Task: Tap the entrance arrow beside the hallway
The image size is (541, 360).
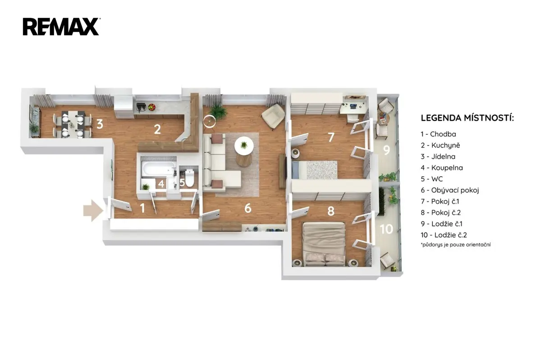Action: (93, 210)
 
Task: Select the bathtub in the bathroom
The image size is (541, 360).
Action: (158, 169)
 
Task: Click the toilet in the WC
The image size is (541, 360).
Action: (190, 178)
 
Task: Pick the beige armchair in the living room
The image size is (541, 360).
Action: (273, 116)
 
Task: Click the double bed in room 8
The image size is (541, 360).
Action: (324, 244)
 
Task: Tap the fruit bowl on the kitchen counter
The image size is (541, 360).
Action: (151, 107)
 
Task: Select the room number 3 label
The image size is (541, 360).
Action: (100, 124)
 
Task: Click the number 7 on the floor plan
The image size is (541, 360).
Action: (331, 137)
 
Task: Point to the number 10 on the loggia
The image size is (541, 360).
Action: (386, 229)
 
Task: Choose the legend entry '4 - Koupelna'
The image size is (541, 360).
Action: (442, 168)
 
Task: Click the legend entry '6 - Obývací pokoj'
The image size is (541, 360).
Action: (450, 190)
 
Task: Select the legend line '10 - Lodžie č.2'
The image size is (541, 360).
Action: (444, 235)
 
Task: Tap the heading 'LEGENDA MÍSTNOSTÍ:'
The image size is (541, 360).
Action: (468, 118)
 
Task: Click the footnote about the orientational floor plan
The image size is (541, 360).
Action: (456, 245)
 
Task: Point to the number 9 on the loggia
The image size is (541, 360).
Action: (387, 150)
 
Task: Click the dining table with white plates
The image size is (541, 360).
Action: (73, 124)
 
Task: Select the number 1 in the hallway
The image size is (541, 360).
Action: (142, 208)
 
